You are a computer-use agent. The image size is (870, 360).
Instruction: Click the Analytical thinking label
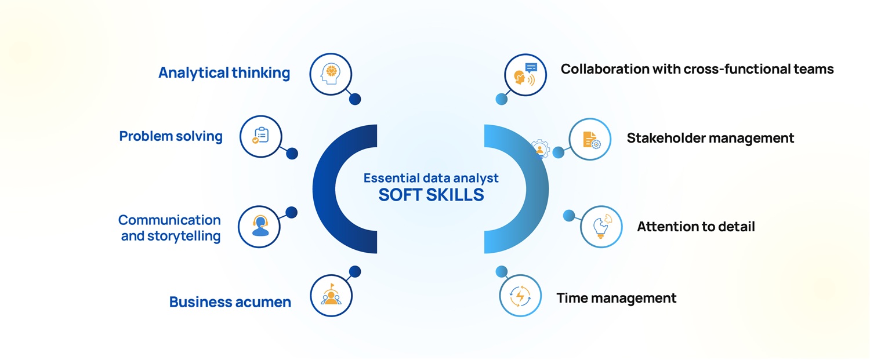pos(224,73)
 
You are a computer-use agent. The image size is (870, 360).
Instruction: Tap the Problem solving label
pos(171,136)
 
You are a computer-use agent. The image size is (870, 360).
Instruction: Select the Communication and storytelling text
pos(170,228)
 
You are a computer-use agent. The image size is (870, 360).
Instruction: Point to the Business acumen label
pos(230,302)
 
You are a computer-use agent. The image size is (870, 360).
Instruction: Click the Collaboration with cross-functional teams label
pos(697,69)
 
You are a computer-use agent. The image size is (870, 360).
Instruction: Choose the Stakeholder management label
pos(710,138)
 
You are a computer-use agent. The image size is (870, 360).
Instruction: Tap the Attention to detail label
pos(695,226)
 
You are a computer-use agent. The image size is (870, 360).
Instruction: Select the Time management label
pos(616,298)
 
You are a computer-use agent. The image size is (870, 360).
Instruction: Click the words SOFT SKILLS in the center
pos(430,195)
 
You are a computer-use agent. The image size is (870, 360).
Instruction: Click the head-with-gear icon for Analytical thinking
pos(331,74)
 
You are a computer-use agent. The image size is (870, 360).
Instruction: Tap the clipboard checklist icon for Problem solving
pos(260,136)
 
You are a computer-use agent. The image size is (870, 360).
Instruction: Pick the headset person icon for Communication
pos(260,226)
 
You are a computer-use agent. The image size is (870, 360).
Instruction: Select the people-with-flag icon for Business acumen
pos(331,296)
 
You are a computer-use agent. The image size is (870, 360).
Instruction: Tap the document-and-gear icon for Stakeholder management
pos(590,139)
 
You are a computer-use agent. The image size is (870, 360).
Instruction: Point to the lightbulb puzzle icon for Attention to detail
pos(601,226)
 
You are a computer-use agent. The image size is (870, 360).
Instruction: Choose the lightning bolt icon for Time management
pos(520,296)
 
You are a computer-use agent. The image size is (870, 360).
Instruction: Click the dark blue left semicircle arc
pos(325,189)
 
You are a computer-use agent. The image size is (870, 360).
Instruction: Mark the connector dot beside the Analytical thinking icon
pos(355,99)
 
